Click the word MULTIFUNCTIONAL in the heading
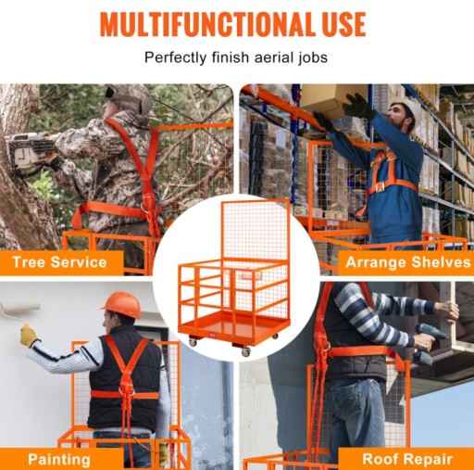(x=208, y=24)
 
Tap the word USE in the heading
(x=344, y=24)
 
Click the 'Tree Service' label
(x=59, y=262)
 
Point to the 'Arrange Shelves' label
(x=408, y=262)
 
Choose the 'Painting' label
(x=59, y=460)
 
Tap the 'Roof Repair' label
(x=407, y=459)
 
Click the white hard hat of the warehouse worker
(x=408, y=110)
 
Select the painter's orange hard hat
(x=121, y=304)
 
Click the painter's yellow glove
(x=29, y=336)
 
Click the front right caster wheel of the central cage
(x=245, y=352)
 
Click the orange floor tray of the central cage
(x=233, y=327)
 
